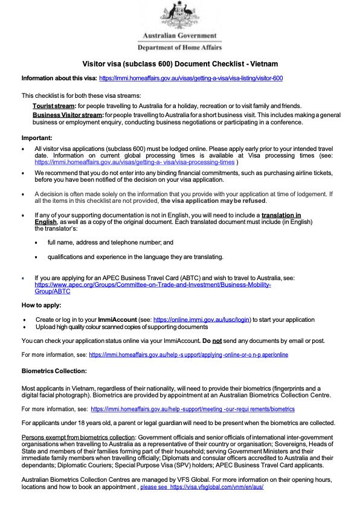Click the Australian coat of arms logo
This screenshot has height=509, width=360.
point(179,14)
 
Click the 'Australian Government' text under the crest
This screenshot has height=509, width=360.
point(179,36)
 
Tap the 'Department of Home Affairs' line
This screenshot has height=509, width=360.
point(179,47)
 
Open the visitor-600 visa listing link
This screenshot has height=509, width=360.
point(191,78)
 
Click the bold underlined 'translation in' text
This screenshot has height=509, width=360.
point(281,216)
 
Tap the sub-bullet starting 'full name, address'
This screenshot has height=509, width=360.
point(111,242)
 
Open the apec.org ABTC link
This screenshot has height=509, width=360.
point(152,284)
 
